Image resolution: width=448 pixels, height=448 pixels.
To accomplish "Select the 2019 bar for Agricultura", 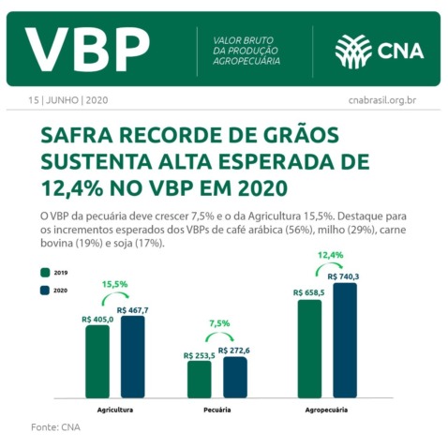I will click(x=97, y=361).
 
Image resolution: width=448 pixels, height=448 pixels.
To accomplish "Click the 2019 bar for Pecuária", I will click(x=199, y=379).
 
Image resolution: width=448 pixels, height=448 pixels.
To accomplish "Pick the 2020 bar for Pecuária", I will click(x=234, y=376).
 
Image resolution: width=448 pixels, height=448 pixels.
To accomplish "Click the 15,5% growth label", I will click(x=114, y=283).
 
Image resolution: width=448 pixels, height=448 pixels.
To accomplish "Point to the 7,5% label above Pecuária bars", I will click(x=218, y=323).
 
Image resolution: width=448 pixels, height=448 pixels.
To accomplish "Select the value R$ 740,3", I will click(x=344, y=276).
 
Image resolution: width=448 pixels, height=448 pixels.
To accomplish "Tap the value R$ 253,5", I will click(x=200, y=355).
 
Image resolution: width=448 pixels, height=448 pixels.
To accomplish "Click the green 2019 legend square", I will click(x=43, y=272).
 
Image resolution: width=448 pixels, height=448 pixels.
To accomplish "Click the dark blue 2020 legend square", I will click(x=43, y=291).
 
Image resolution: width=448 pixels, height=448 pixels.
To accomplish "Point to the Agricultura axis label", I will click(x=114, y=411).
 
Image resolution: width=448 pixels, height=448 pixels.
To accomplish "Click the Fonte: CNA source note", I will click(x=55, y=428).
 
